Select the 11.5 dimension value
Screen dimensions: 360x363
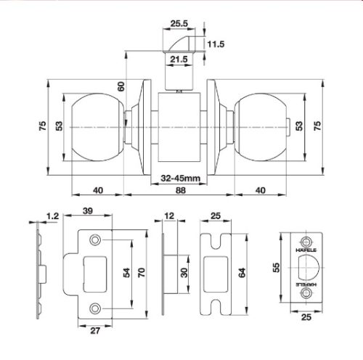coord(216,44)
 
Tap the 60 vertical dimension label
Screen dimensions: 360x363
coord(122,86)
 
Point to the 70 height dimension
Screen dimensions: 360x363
coord(143,273)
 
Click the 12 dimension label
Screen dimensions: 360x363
coord(169,216)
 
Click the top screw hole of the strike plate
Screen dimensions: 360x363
coord(94,240)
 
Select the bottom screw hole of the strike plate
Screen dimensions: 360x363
coord(94,308)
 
